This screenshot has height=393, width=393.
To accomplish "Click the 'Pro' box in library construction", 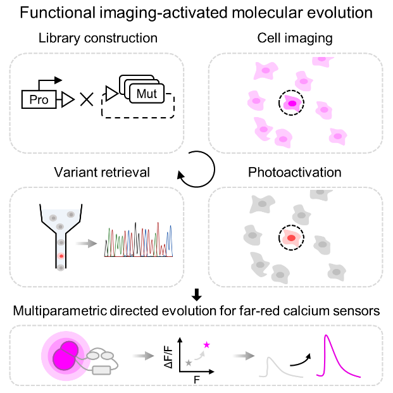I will [x=39, y=99].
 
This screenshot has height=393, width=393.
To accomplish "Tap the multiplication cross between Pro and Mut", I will [x=87, y=99].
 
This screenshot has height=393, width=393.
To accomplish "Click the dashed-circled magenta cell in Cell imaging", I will [x=292, y=103].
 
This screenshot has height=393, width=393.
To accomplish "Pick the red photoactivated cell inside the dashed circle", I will [x=292, y=239].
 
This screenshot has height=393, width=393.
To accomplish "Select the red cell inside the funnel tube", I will [x=61, y=256].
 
